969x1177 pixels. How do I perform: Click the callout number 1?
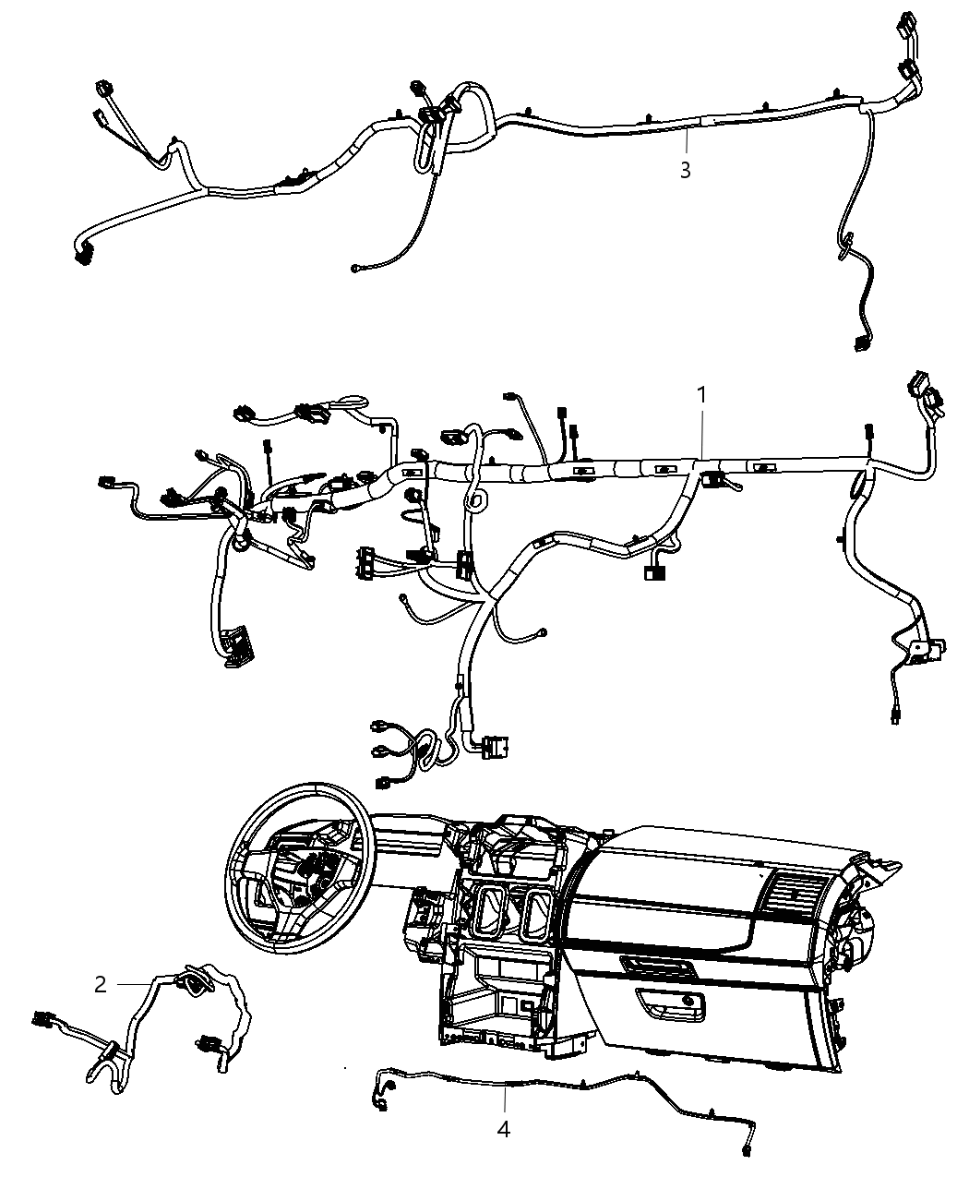pyautogui.click(x=701, y=395)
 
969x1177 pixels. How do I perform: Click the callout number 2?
pyautogui.click(x=101, y=985)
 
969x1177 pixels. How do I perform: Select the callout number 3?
pyautogui.click(x=685, y=171)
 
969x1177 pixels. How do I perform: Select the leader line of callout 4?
pyautogui.click(x=505, y=1101)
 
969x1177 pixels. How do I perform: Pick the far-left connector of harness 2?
pyautogui.click(x=42, y=1020)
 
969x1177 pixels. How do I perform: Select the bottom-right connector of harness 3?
pyautogui.click(x=863, y=343)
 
